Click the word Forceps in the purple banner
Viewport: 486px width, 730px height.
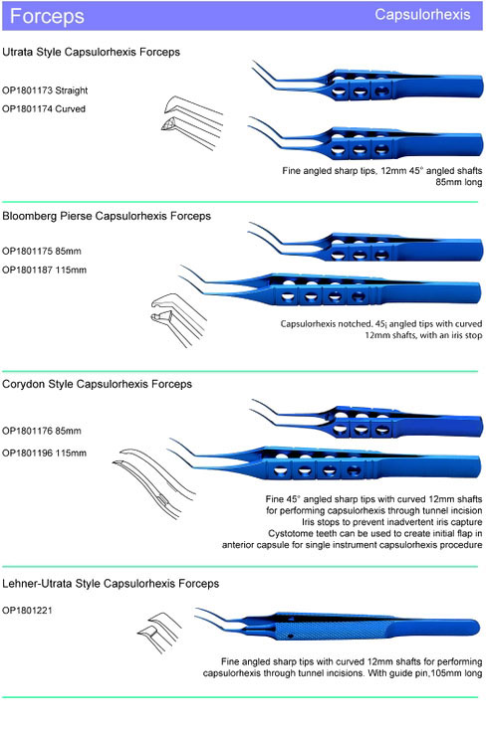(x=47, y=16)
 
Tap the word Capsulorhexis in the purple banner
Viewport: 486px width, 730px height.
(x=422, y=15)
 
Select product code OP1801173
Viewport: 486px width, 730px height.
(x=28, y=91)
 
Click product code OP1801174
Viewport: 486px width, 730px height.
(x=28, y=109)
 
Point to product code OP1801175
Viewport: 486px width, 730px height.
(x=28, y=252)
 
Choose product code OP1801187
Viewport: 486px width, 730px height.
(x=28, y=271)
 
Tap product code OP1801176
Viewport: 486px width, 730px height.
(x=28, y=431)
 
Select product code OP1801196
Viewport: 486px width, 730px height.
(x=28, y=453)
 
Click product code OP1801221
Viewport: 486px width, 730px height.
(x=28, y=611)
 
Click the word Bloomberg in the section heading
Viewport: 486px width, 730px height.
(x=30, y=217)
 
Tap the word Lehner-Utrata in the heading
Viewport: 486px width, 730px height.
(x=37, y=584)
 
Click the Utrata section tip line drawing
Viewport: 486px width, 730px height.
(x=192, y=122)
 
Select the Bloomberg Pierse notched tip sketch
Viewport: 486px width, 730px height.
(x=178, y=320)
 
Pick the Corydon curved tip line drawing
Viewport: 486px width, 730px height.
(x=154, y=483)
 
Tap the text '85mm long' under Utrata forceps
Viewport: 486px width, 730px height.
(x=459, y=183)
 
